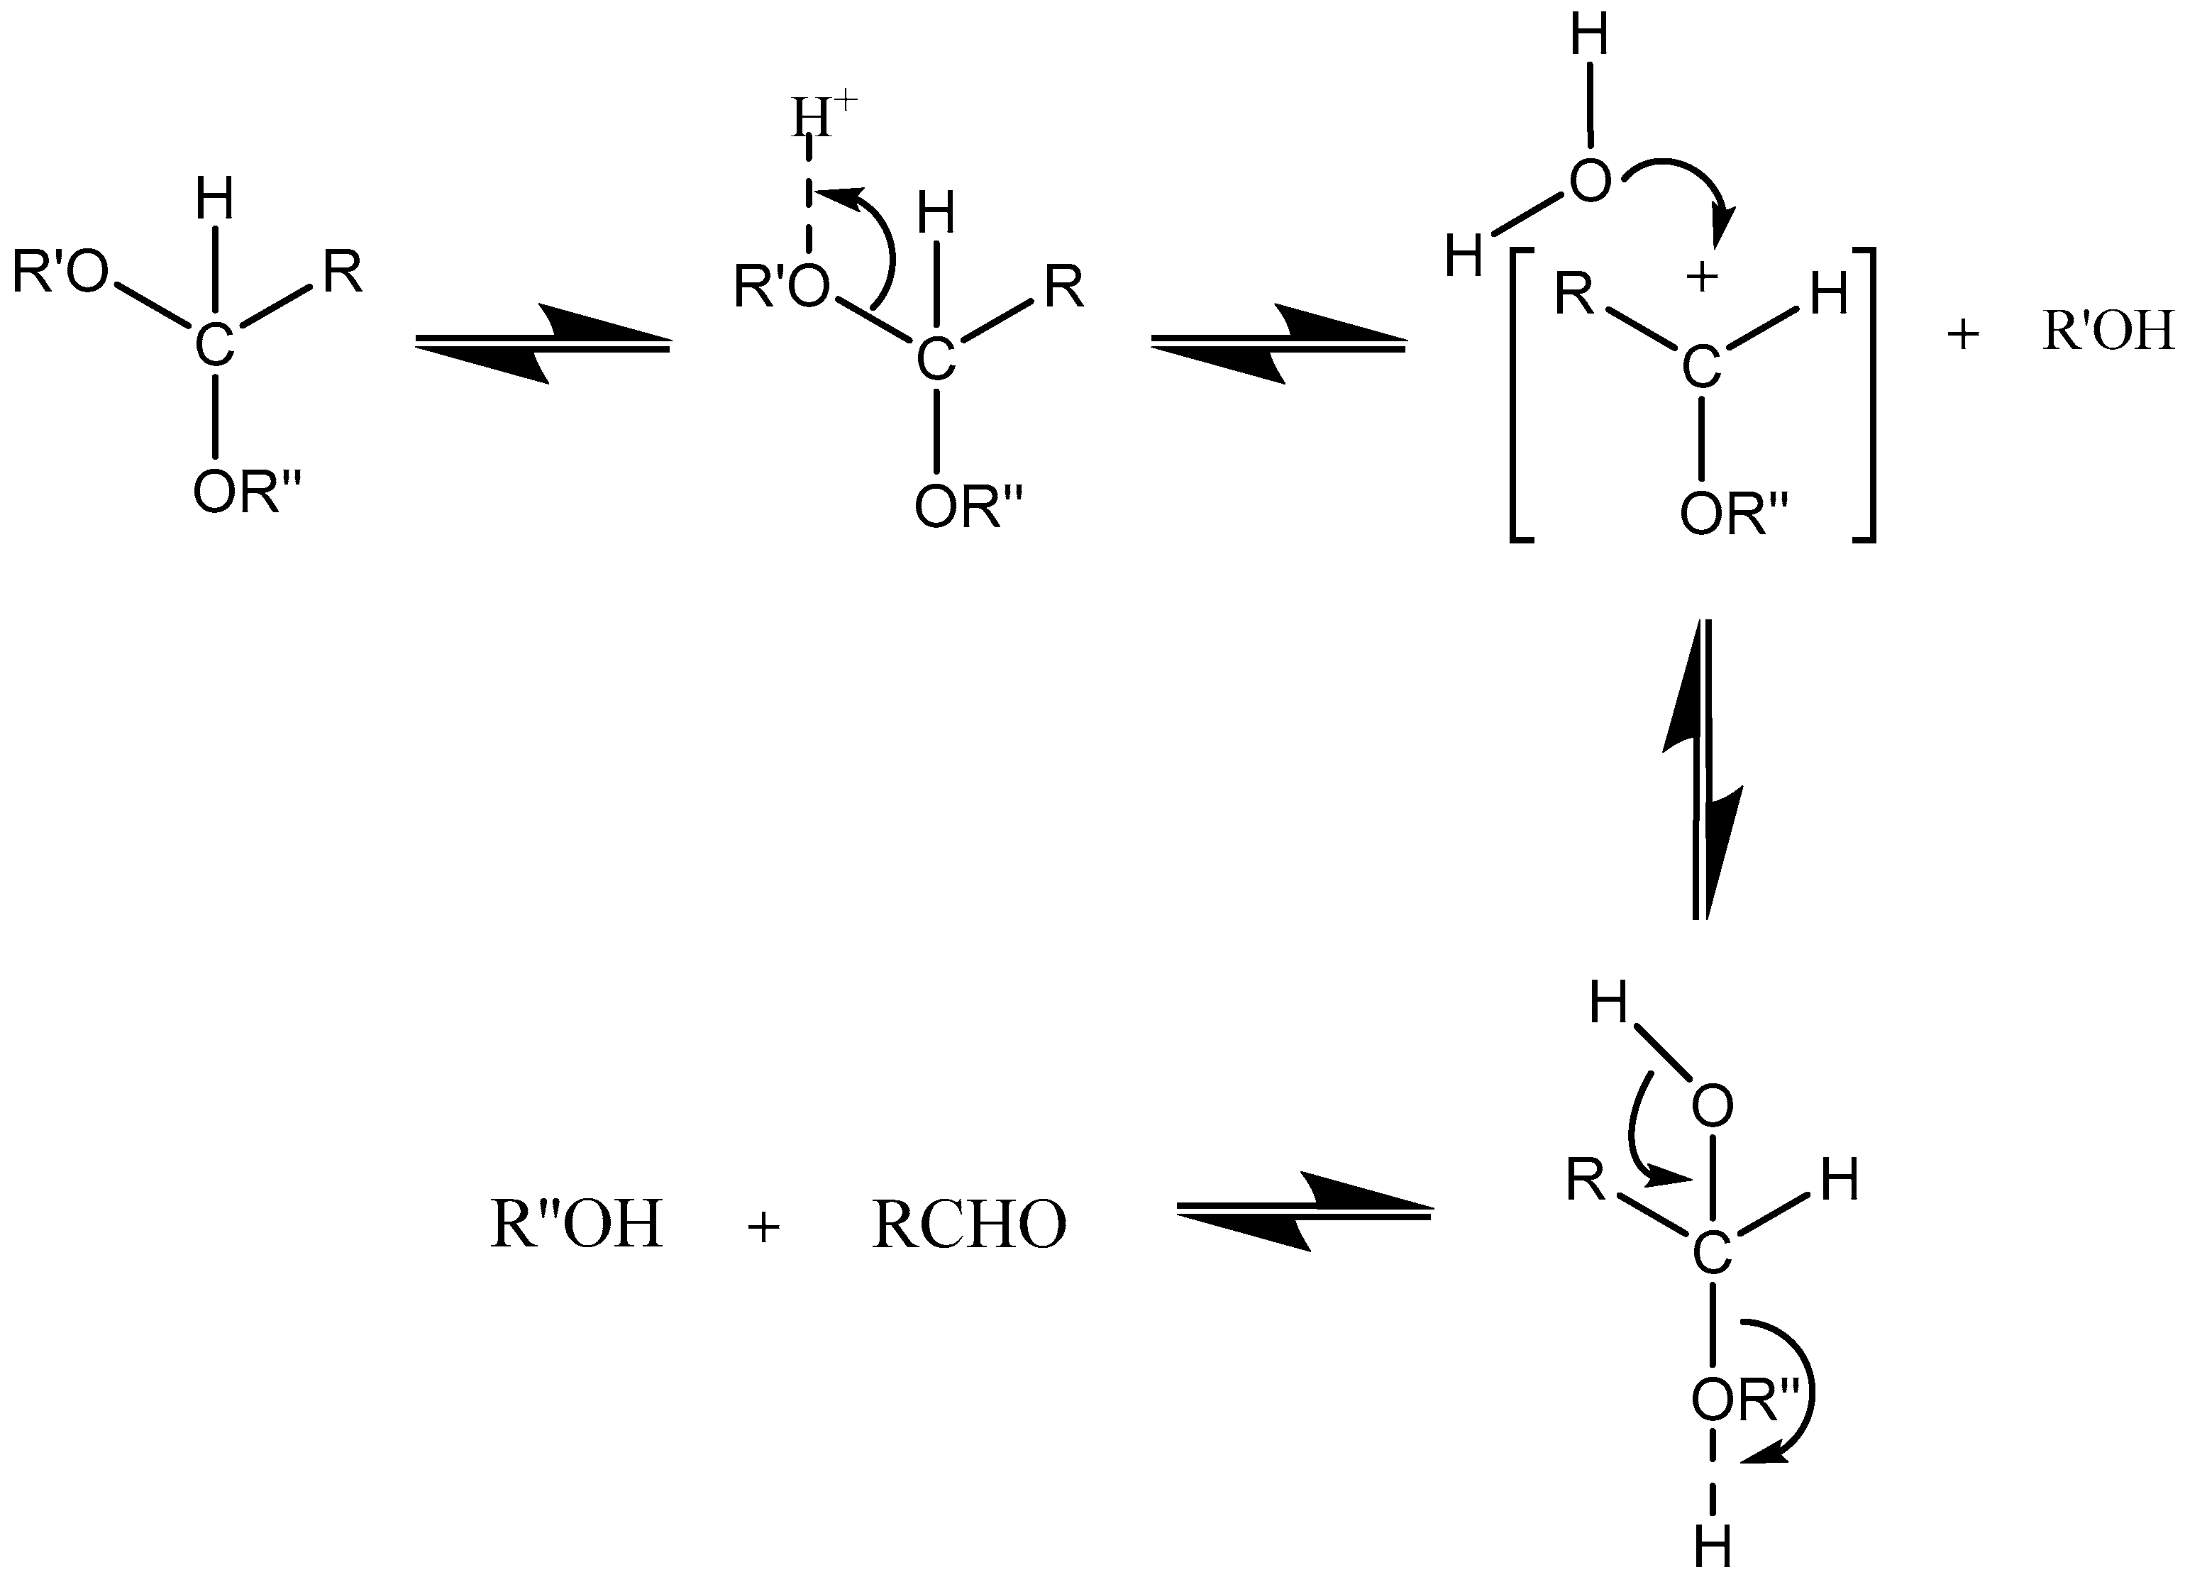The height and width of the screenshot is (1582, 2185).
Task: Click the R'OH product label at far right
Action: point(2107,331)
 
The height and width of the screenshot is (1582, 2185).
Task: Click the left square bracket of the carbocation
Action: point(1520,396)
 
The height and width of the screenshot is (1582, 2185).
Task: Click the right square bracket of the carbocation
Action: point(1865,396)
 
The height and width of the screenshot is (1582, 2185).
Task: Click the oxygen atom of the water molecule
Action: point(1591,181)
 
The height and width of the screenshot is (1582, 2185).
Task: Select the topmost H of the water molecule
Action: point(1590,37)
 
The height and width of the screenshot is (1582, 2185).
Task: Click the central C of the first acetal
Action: point(214,345)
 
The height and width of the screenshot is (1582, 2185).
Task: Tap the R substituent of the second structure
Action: point(1063,287)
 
